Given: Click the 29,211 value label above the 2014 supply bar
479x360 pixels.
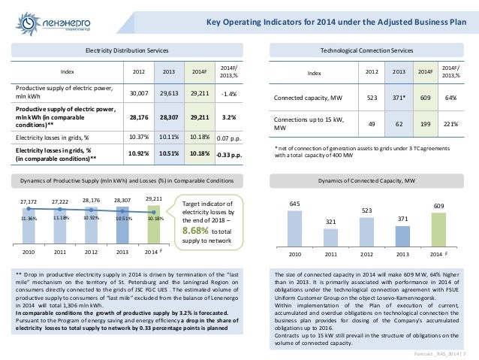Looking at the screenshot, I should (153, 198).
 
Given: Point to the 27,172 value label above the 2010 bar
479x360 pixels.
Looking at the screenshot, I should (30, 203).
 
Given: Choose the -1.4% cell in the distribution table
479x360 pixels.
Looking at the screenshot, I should (230, 94).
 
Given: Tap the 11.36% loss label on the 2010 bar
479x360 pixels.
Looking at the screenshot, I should (30, 218).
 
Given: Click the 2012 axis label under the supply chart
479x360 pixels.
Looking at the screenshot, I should (92, 252).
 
